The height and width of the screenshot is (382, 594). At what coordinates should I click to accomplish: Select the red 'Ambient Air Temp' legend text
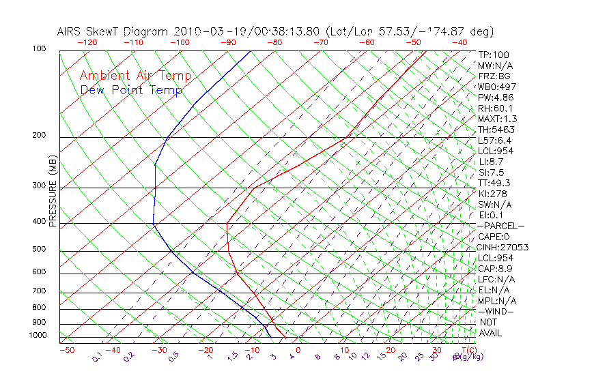click(x=136, y=76)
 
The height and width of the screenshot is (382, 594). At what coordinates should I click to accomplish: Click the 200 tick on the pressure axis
click(x=39, y=135)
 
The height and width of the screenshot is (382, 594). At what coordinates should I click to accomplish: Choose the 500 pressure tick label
click(x=39, y=249)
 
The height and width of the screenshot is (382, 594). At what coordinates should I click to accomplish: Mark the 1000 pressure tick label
click(x=37, y=335)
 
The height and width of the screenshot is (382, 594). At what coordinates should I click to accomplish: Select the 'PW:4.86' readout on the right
click(x=494, y=98)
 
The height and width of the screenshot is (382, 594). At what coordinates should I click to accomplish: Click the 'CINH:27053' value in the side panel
click(x=503, y=247)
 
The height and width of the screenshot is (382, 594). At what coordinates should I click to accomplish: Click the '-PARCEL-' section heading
click(x=500, y=226)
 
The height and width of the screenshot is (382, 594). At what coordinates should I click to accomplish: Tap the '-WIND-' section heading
click(x=496, y=311)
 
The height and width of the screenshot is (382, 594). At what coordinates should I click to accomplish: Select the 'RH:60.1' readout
click(x=494, y=108)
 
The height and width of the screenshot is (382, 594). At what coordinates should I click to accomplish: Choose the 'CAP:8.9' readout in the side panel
click(x=494, y=269)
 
